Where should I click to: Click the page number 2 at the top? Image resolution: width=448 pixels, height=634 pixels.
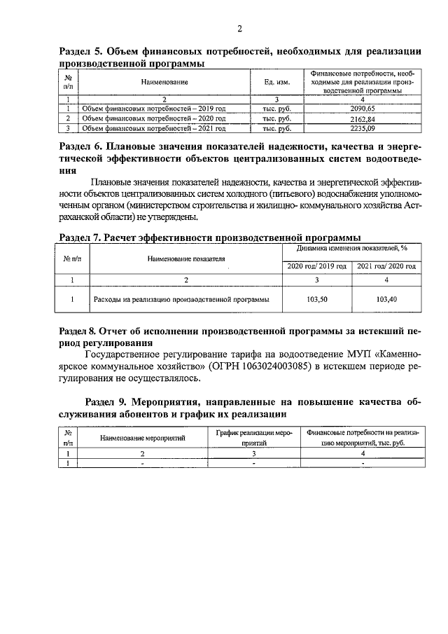point(239,29)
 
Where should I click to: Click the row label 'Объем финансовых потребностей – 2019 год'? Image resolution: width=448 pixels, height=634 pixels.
point(154,109)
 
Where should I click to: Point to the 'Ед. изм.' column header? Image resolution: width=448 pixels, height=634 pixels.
point(276,83)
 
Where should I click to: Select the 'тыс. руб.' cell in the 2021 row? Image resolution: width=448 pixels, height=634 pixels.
point(276,129)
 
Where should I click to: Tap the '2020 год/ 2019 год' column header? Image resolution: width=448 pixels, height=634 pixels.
point(317,266)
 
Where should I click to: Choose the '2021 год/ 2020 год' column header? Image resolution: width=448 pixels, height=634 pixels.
point(387,266)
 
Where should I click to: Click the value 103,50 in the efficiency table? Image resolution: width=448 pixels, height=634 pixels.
point(317,299)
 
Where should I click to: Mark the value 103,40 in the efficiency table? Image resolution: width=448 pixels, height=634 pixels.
point(387,299)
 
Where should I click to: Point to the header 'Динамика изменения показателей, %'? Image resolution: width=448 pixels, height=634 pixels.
point(352,248)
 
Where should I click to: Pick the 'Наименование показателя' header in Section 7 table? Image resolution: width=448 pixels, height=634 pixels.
point(186,258)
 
